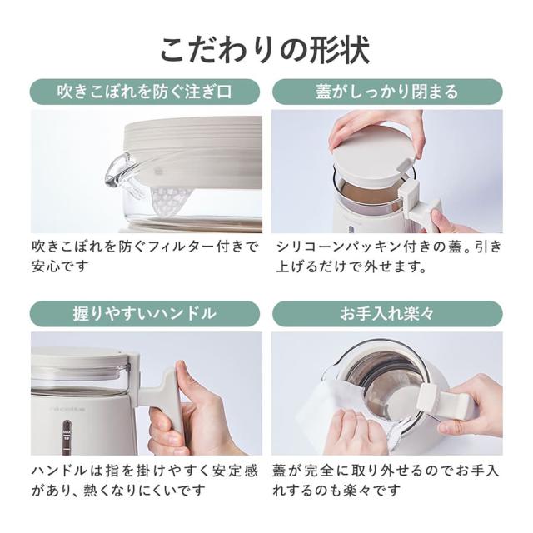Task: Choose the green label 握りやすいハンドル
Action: point(146,313)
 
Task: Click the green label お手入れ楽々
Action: point(387,313)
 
